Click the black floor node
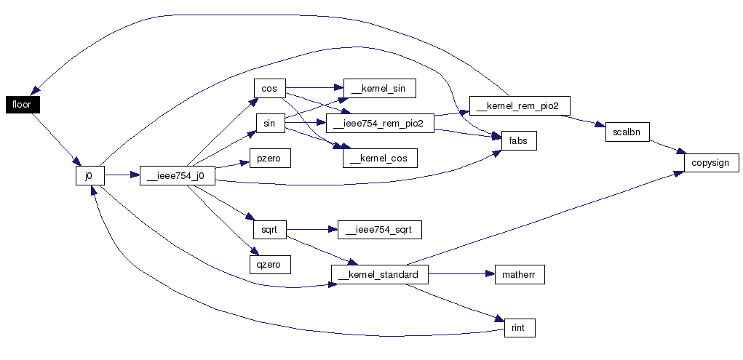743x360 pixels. (23, 105)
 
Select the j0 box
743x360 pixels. (90, 175)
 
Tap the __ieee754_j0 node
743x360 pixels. (178, 175)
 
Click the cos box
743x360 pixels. (269, 88)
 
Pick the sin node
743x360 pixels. (269, 123)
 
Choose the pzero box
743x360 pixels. (270, 158)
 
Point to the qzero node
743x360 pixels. (270, 264)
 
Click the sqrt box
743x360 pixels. (270, 230)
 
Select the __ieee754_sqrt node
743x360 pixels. (379, 230)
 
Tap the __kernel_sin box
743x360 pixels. (380, 88)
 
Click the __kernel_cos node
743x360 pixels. (380, 158)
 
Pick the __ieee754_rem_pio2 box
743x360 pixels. (380, 123)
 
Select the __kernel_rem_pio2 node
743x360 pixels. (520, 105)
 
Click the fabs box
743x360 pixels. (519, 140)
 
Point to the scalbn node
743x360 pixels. (627, 132)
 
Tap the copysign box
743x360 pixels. (711, 162)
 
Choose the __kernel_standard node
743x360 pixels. (380, 275)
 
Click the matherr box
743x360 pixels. (520, 275)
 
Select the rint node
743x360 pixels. (520, 328)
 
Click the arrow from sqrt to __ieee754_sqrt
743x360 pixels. (311, 230)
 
